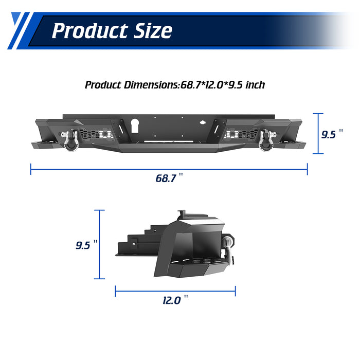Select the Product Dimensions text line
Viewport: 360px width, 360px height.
click(175, 85)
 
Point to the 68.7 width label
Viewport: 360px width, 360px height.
click(166, 178)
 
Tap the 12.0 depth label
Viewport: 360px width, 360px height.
click(171, 300)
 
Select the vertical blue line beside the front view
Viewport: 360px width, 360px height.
click(319, 134)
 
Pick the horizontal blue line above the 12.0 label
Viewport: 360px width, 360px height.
click(175, 291)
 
